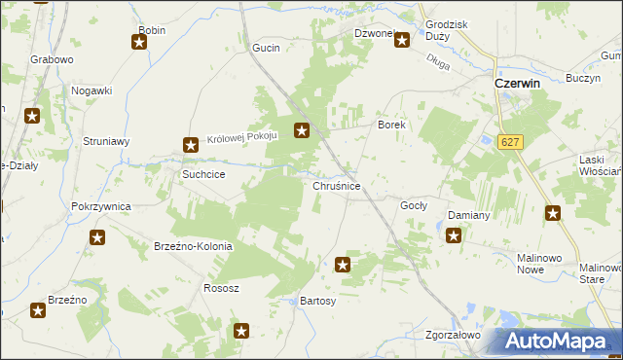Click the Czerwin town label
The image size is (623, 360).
tap(518, 84)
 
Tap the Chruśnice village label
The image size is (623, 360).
tap(338, 185)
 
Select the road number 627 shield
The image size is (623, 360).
tap(509, 142)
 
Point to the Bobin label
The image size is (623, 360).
tap(153, 30)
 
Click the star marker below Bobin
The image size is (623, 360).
tap(139, 42)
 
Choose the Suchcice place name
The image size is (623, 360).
tap(204, 174)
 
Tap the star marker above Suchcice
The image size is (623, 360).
tap(191, 146)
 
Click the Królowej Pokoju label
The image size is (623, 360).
tap(242, 138)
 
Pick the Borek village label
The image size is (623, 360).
tap(391, 126)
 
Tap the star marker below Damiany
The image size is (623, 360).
tap(454, 234)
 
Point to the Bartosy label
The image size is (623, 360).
tap(318, 302)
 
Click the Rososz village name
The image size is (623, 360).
tap(221, 289)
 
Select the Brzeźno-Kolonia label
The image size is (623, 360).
tap(194, 246)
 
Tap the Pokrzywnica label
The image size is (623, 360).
tap(101, 207)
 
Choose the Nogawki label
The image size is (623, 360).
tap(92, 90)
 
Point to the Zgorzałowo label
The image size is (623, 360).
tap(454, 335)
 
